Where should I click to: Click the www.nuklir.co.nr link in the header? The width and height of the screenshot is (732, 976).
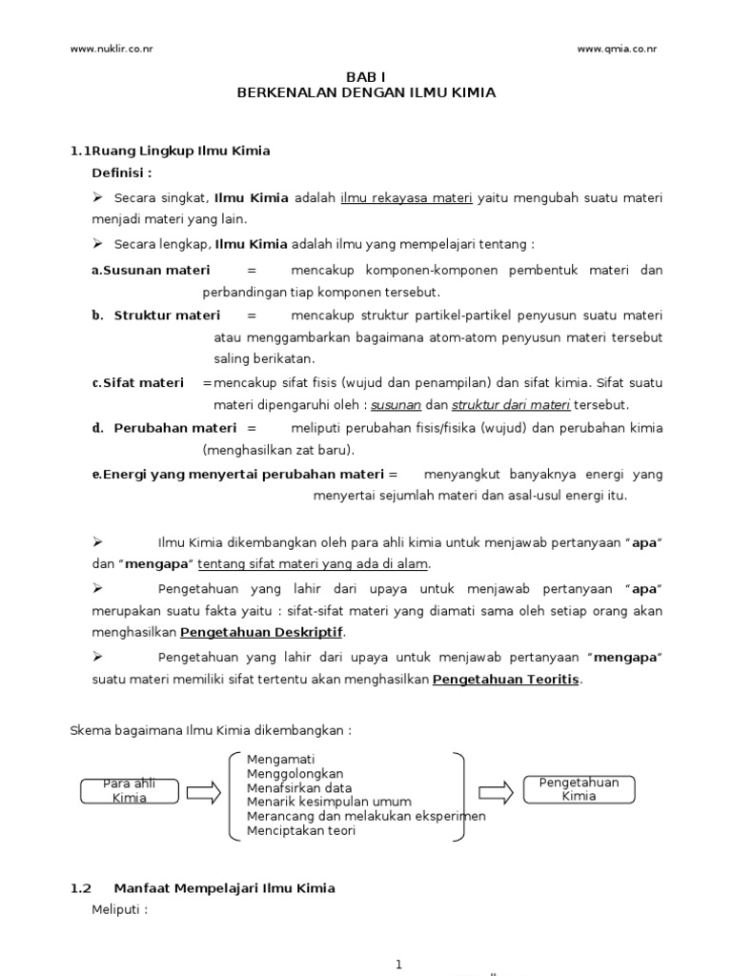[x=112, y=50]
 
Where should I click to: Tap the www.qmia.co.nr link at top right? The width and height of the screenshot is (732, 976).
[x=617, y=50]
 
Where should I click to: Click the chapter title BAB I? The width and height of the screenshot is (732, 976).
[x=366, y=78]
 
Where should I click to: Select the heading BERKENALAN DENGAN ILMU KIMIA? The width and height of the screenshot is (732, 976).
[x=366, y=93]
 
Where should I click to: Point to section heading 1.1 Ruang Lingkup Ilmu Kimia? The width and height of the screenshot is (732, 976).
[x=172, y=151]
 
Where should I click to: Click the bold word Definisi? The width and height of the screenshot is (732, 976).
[x=122, y=173]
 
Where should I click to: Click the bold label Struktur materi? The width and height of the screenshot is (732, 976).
[x=167, y=315]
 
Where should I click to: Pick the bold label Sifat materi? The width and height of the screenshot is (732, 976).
[x=149, y=382]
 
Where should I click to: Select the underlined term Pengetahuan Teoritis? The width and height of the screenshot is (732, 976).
[x=506, y=680]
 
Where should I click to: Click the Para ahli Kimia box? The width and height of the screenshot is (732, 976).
[x=129, y=790]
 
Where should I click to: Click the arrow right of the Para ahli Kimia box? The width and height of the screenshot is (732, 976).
[x=204, y=791]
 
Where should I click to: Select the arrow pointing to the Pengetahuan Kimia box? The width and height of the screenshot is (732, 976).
[x=495, y=791]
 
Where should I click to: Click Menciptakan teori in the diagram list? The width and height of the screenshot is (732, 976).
[x=301, y=830]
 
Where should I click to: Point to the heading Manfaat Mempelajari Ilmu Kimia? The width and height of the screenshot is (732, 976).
[x=224, y=887]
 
